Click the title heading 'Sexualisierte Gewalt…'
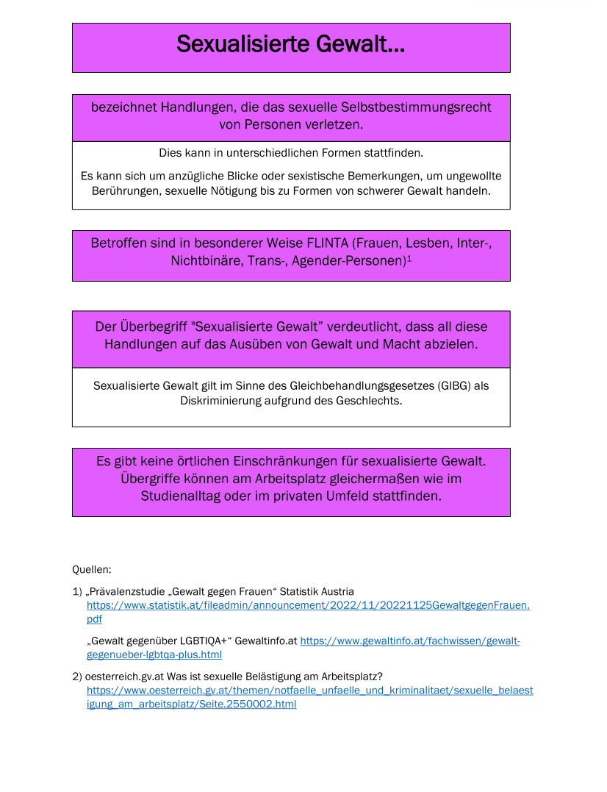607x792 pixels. coord(290,45)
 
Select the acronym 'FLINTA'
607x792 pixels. coord(327,243)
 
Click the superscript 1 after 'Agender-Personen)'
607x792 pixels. coord(409,258)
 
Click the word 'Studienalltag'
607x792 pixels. coord(184,496)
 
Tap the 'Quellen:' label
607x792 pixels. coord(92,569)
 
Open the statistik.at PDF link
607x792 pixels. coord(308,605)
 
